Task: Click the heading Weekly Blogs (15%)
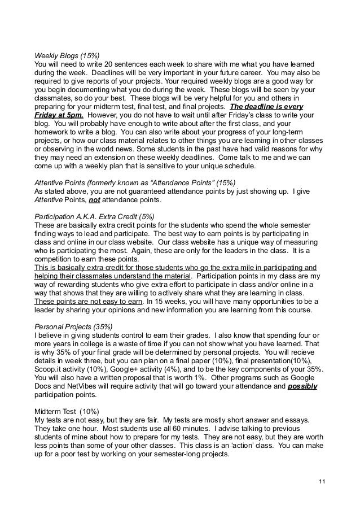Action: pyautogui.click(x=67, y=55)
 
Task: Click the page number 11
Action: pyautogui.click(x=322, y=481)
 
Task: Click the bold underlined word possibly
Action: pyautogui.click(x=302, y=387)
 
